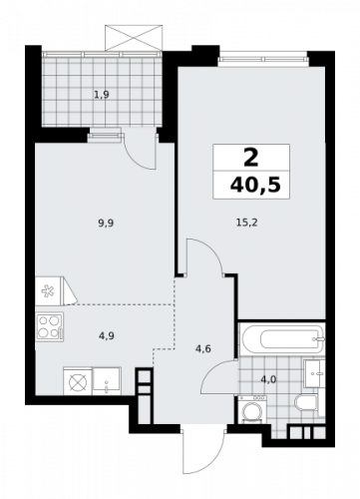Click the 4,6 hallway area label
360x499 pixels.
point(203,348)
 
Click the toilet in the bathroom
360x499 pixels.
point(308,402)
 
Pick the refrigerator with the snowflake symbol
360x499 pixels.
point(49,289)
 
